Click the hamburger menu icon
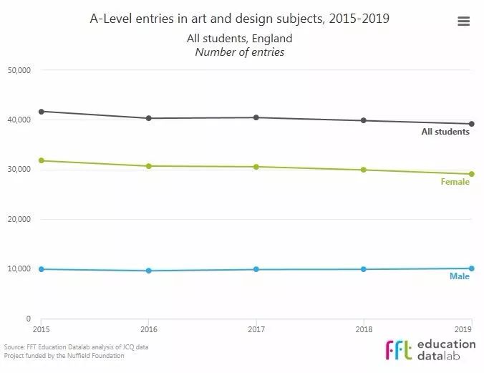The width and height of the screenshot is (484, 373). (x=463, y=21)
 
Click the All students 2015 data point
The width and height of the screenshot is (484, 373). (x=42, y=112)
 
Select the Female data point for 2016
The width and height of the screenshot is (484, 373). (x=149, y=166)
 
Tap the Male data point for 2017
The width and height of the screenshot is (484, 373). (x=256, y=269)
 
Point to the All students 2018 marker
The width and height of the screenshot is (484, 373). (x=364, y=120)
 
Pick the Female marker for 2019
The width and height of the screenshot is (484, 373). (x=471, y=174)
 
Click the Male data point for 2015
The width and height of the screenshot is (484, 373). (x=42, y=269)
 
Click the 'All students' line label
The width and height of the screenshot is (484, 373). (x=445, y=132)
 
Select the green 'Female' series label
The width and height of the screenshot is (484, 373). (x=455, y=182)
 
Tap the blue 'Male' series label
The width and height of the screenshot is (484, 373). (x=460, y=276)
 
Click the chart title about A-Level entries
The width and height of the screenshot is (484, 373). (x=240, y=19)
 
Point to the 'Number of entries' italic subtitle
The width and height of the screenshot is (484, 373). (x=240, y=52)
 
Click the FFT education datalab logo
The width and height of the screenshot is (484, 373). (x=430, y=349)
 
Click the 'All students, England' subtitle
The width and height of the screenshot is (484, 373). (x=240, y=39)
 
